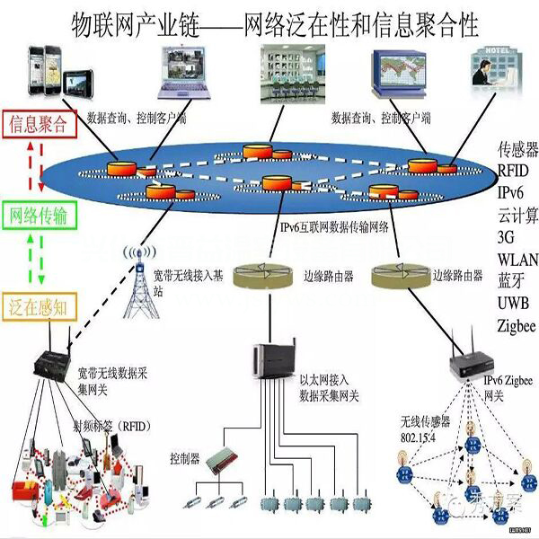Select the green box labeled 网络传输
(41, 216)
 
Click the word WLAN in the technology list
(518, 258)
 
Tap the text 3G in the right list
(508, 236)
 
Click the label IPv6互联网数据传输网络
(334, 227)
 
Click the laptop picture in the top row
(186, 71)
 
